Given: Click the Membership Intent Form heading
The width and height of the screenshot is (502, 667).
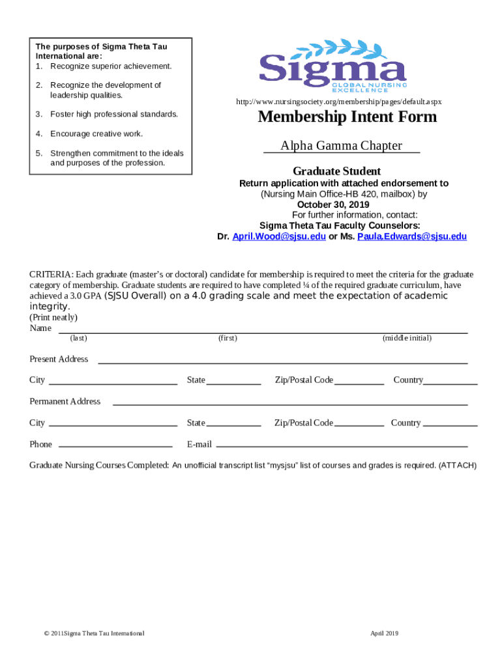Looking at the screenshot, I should pos(347,117).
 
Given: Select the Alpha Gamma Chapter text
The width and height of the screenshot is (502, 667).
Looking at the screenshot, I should pos(341,146).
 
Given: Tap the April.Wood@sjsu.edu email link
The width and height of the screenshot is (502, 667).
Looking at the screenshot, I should pos(279,236).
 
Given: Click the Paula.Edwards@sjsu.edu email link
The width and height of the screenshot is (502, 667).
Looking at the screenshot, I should pos(411,236).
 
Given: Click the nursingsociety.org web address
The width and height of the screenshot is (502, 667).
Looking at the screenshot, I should pos(338,102).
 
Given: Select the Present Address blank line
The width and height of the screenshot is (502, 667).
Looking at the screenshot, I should pos(282,362).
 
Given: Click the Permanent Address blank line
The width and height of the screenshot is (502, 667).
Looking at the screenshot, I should pos(290,404).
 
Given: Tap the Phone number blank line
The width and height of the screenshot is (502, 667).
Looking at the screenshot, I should pos(115,446).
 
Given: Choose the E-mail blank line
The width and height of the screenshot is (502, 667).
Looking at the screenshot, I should pos(342,446).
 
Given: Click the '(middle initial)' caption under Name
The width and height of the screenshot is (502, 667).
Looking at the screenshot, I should pos(407,338).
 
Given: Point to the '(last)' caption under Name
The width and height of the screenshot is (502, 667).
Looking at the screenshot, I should pos(79,338).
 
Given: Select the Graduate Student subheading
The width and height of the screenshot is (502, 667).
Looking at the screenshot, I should pos(336,171).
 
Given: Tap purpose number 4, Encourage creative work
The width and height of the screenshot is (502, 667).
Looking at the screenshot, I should pos(96,134).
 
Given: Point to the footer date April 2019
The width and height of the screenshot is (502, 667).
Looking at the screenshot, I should pos(384,633).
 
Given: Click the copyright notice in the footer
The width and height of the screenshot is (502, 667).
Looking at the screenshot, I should pos(91,633).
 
